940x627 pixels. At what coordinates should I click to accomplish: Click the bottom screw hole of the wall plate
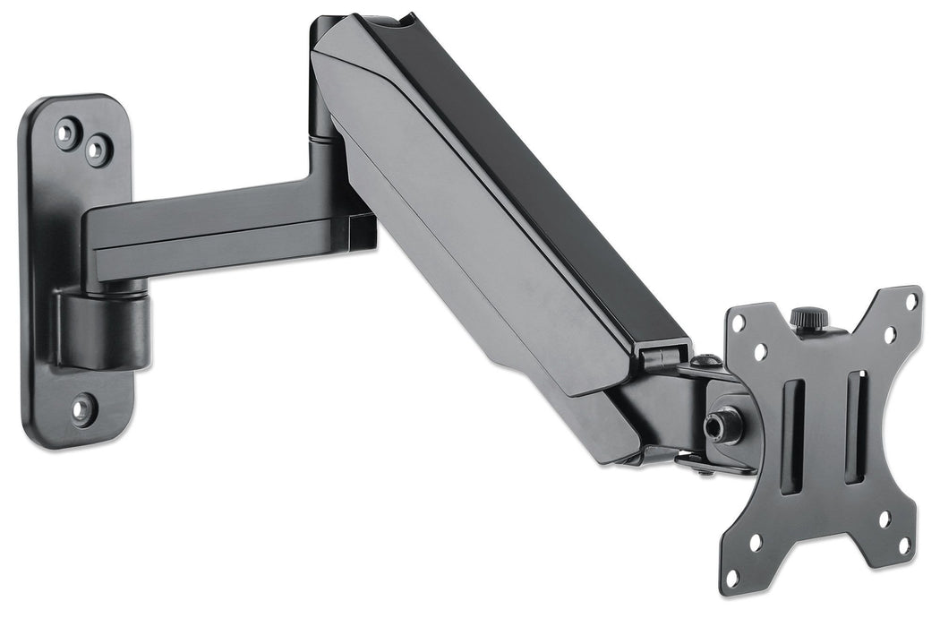81,409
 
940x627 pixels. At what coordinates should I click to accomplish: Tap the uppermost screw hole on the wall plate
65,133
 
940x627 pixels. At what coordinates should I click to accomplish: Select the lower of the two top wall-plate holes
97,150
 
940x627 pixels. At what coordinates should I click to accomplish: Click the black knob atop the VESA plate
808,318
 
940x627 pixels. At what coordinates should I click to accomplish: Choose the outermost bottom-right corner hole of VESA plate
903,545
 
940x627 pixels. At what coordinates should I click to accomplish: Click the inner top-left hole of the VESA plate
759,352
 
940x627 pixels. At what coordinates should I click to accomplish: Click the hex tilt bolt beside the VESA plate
717,425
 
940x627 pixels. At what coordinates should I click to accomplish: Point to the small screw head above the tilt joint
707,361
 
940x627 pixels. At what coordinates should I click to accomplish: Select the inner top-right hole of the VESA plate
890,334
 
